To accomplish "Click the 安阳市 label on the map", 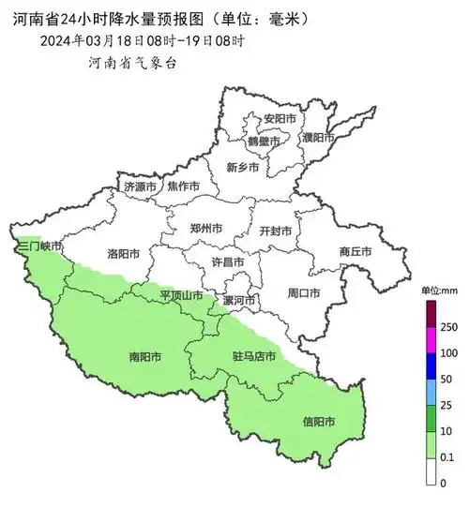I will pyautogui.click(x=280, y=120).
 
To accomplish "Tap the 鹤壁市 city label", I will pyautogui.click(x=263, y=141).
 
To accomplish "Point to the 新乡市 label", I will pyautogui.click(x=243, y=167).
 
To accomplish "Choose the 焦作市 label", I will pyautogui.click(x=183, y=186).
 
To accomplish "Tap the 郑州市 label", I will pyautogui.click(x=205, y=228).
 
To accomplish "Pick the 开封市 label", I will pyautogui.click(x=275, y=231).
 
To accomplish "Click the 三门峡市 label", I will pyautogui.click(x=38, y=246).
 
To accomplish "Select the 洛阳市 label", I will pyautogui.click(x=124, y=254).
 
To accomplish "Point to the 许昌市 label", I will pyautogui.click(x=227, y=262).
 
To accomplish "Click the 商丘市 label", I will pyautogui.click(x=356, y=251).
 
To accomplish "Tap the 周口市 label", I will pyautogui.click(x=304, y=293).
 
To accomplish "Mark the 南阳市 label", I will pyautogui.click(x=144, y=357).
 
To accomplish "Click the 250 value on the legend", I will pyautogui.click(x=448, y=326).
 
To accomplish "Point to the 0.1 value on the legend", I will pyautogui.click(x=448, y=456).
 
